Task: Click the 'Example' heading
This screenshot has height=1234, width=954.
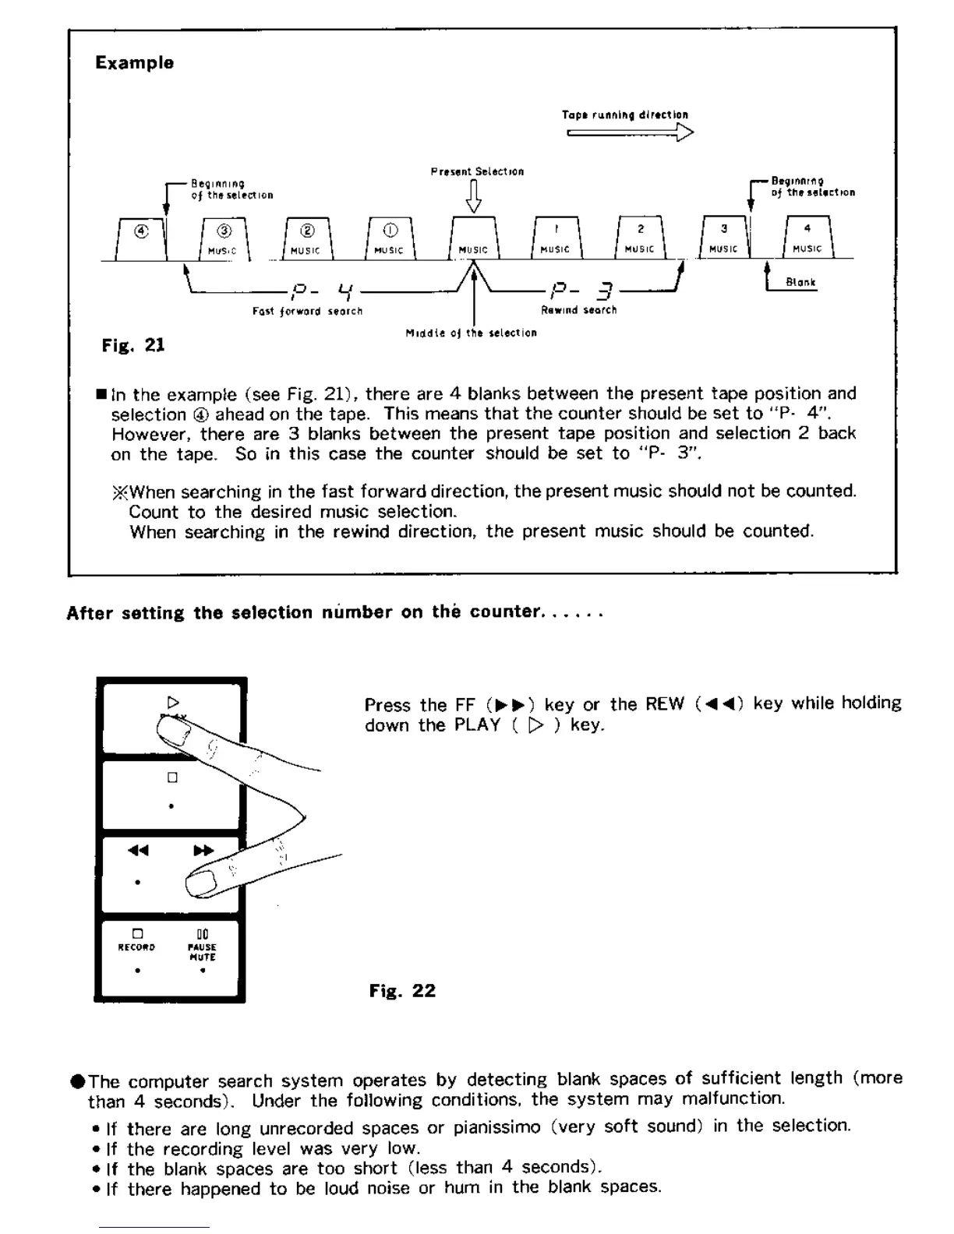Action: pos(134,63)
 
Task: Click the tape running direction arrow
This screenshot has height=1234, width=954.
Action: pos(630,133)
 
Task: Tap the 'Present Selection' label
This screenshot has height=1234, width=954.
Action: pos(477,171)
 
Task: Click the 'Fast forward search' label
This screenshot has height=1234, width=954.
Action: pos(307,312)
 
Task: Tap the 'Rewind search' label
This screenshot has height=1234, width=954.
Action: pos(579,310)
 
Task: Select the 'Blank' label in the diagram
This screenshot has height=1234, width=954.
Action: pos(801,283)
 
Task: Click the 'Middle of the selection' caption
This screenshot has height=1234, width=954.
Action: pos(471,333)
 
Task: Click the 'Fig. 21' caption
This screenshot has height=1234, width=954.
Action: pos(133,346)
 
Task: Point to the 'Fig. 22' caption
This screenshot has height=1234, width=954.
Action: pos(402,991)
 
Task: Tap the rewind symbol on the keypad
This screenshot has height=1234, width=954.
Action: pos(138,851)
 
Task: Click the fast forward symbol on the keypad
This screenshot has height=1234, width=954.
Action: pos(203,851)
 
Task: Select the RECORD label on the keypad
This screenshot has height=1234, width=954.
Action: pos(136,947)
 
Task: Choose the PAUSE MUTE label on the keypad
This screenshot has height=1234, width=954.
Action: pos(202,952)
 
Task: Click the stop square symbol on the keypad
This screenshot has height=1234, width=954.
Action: pos(172,777)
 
